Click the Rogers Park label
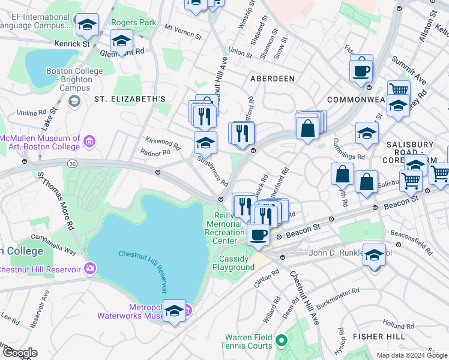click(133, 23)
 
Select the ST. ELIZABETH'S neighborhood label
click(129, 98)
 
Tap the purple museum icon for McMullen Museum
click(89, 142)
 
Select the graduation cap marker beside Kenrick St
click(88, 25)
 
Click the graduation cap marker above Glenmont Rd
click(121, 42)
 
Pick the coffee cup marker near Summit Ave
click(361, 71)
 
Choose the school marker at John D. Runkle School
click(374, 256)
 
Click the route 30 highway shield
click(72, 163)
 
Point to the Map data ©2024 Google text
click(411, 355)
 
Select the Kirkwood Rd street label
click(163, 142)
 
